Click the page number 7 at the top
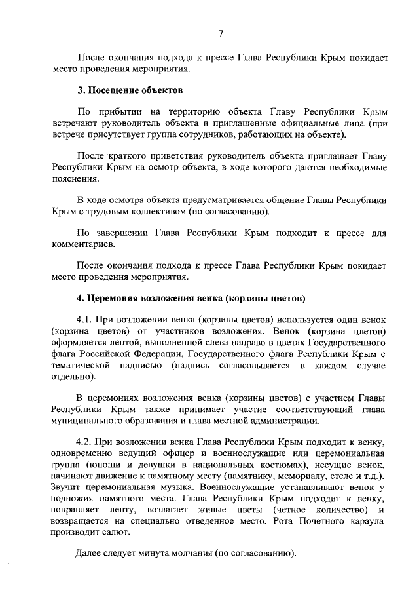[221, 34]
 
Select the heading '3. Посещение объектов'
[130, 88]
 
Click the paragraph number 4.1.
[86, 320]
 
